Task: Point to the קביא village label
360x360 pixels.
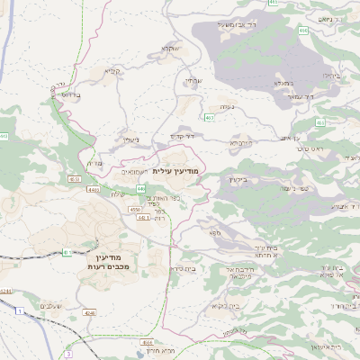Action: (112, 71)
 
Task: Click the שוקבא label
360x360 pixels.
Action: (170, 49)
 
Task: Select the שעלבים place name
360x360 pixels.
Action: (52, 307)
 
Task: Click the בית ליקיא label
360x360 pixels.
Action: (220, 307)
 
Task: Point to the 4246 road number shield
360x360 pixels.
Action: (89, 312)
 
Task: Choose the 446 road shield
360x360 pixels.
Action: (141, 188)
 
